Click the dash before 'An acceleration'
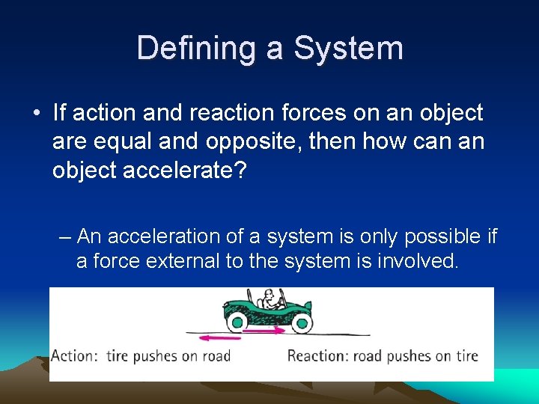[65, 237]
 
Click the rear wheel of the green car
[237, 322]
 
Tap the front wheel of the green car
[302, 322]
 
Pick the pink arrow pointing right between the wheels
[266, 328]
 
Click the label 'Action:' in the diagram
[74, 355]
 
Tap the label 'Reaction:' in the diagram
[321, 355]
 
